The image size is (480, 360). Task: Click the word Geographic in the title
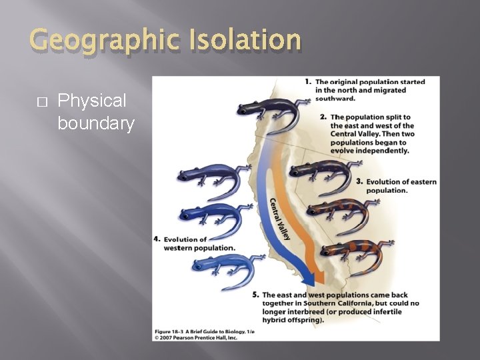(103, 41)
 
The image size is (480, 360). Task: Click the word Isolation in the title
(246, 40)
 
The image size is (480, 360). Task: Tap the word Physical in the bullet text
(92, 101)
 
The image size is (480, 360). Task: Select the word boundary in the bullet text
(96, 123)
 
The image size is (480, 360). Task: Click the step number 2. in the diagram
(323, 117)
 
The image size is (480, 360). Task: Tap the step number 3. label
(359, 181)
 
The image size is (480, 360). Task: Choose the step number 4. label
(157, 239)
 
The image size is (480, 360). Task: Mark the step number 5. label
(257, 295)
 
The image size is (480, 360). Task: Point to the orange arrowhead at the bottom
(319, 275)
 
